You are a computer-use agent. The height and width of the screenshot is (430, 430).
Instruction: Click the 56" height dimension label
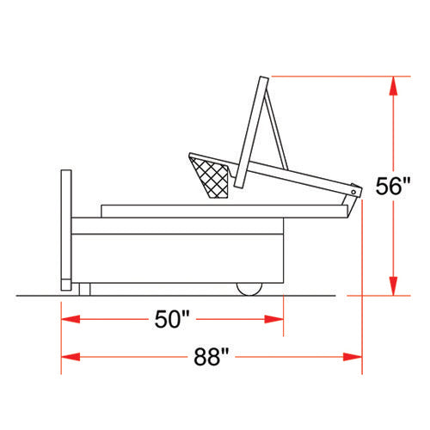tap(393, 187)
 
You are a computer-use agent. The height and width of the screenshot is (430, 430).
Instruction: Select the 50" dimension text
tap(172, 319)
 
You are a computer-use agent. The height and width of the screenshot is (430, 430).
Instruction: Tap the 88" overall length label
tap(212, 357)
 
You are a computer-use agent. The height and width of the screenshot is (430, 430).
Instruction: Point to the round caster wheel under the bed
tap(249, 289)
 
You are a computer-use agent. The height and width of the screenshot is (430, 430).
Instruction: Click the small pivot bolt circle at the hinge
tap(353, 192)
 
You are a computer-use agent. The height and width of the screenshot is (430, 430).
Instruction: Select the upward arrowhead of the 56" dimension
tap(394, 85)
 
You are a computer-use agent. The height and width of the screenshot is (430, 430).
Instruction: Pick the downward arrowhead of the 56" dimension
tap(394, 286)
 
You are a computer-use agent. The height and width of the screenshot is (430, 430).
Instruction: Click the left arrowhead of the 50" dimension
tap(71, 319)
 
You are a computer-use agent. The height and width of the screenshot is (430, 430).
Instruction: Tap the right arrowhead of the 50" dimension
tap(274, 319)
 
